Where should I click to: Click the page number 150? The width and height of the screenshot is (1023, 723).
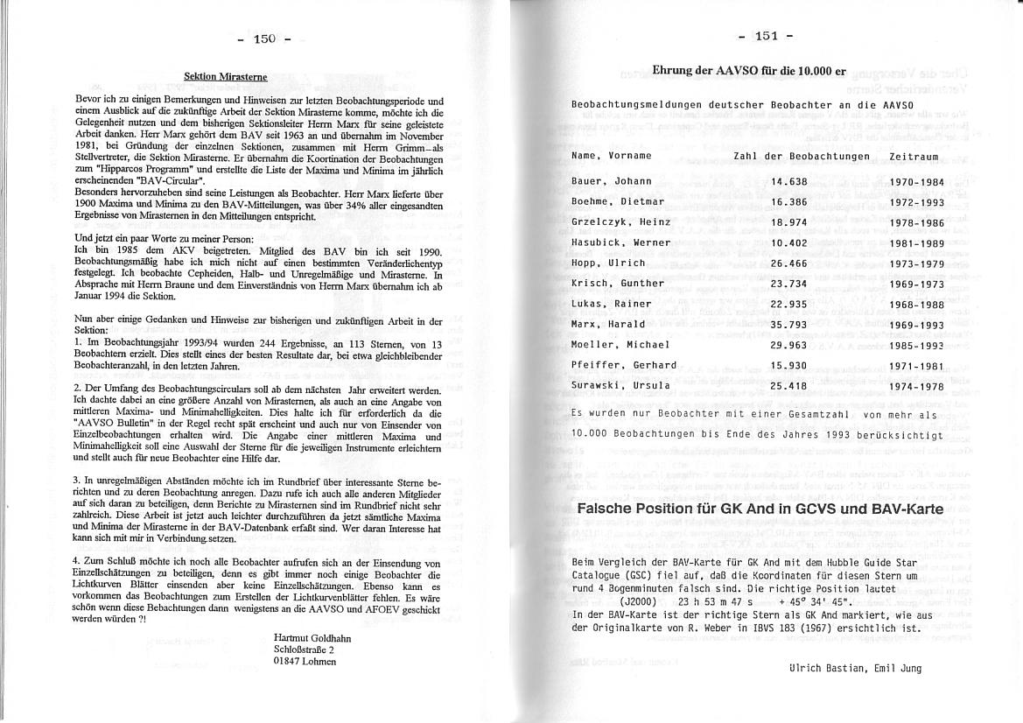point(264,39)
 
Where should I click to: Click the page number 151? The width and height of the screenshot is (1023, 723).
point(766,36)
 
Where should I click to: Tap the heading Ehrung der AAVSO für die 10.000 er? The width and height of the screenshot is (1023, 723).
point(749,70)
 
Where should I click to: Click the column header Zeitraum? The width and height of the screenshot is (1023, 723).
point(913,157)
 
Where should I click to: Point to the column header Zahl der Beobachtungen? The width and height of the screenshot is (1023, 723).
point(802,157)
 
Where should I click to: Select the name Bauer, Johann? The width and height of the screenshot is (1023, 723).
point(612,181)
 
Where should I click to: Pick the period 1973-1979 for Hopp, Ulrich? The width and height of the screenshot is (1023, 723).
point(915,263)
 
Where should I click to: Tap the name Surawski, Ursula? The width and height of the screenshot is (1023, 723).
point(620,385)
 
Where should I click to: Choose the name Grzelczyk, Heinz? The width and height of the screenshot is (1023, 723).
point(620,222)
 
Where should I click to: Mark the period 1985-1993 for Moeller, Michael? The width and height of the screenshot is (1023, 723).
point(915,345)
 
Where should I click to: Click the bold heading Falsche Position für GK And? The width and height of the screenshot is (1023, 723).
point(760,509)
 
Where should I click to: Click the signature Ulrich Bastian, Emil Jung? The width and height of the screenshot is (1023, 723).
point(855,668)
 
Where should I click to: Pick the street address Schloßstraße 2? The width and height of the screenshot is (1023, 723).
point(304,649)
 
